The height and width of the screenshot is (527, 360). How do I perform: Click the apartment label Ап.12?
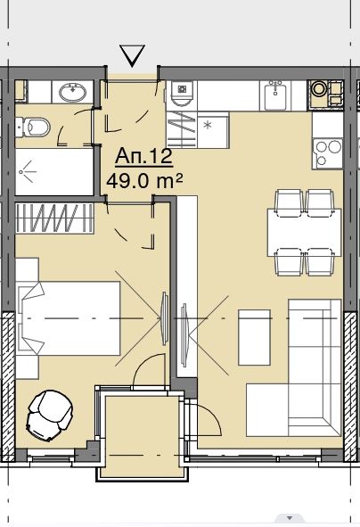[143, 156]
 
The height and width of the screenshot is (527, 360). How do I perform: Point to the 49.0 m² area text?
[144, 181]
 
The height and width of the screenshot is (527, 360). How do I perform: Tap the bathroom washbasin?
[72, 92]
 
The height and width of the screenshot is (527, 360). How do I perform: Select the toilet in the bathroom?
[33, 127]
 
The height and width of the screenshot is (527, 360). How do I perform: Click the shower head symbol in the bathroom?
[27, 171]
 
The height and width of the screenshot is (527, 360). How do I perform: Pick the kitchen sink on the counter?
[275, 96]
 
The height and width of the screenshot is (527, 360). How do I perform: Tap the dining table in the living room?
[304, 233]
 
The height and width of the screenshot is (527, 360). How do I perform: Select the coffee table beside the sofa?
[254, 337]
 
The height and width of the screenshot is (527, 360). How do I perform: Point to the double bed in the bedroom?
[69, 318]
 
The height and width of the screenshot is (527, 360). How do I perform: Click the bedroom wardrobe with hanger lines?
[54, 218]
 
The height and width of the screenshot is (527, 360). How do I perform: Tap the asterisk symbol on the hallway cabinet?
[208, 126]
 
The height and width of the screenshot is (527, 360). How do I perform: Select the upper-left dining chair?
[289, 203]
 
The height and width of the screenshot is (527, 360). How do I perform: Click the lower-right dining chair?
[320, 262]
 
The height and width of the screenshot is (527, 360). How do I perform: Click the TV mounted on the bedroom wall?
[164, 318]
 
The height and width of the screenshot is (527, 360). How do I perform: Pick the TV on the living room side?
[184, 334]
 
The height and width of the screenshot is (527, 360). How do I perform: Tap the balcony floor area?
[143, 436]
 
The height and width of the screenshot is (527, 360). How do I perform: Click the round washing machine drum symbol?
[317, 88]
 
